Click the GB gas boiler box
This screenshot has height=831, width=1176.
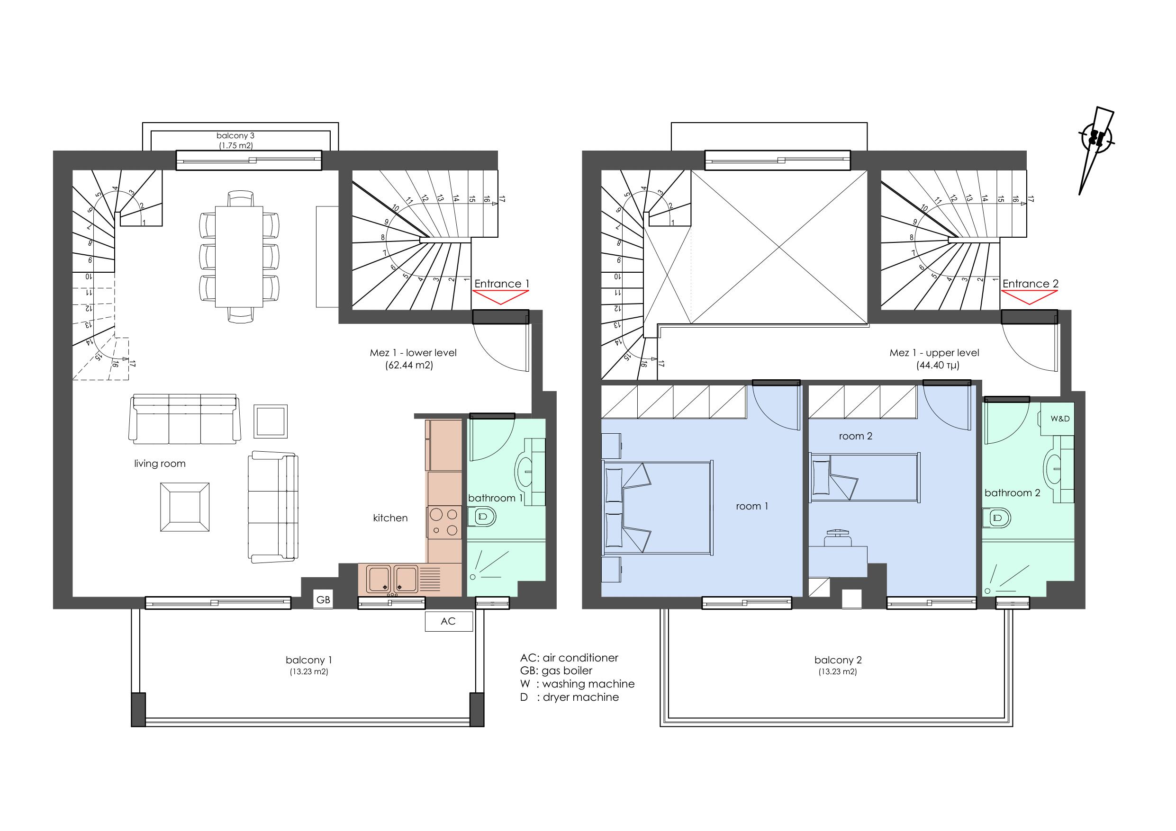coord(323,599)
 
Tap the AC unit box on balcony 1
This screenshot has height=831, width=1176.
coord(449,621)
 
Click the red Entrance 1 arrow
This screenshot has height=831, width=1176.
coord(500,297)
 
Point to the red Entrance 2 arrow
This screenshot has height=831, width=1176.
coord(1029,297)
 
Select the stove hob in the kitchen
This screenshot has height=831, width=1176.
coord(444,522)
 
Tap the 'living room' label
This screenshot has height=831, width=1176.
coord(160,464)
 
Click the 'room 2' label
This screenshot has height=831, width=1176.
coord(855,436)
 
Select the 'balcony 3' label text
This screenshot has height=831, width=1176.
coord(235,136)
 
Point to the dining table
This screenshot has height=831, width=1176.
coord(239,257)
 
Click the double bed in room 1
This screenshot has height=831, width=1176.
coord(657,508)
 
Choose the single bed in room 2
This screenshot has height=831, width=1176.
coord(864,477)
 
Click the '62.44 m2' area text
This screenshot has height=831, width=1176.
coord(409,366)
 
